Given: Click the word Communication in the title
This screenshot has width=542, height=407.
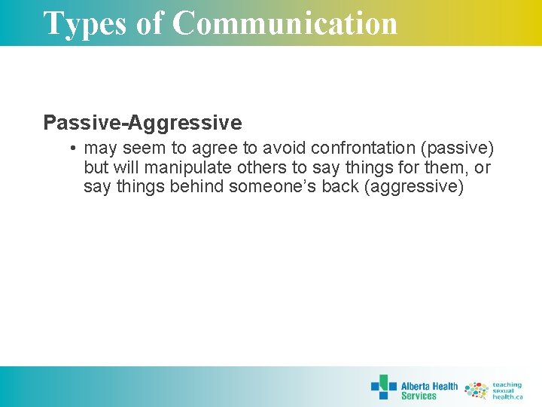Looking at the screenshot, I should [x=285, y=23].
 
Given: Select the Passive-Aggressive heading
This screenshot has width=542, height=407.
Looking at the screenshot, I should [x=142, y=122].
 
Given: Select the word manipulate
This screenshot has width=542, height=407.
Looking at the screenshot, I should [x=187, y=168].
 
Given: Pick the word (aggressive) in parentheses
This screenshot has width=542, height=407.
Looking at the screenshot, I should [x=413, y=187].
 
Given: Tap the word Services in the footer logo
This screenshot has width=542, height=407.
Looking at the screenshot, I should [x=419, y=396].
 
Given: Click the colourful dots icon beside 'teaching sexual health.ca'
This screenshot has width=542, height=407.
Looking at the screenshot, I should [x=476, y=390].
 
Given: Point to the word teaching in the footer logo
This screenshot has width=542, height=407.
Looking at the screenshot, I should [x=507, y=384].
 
